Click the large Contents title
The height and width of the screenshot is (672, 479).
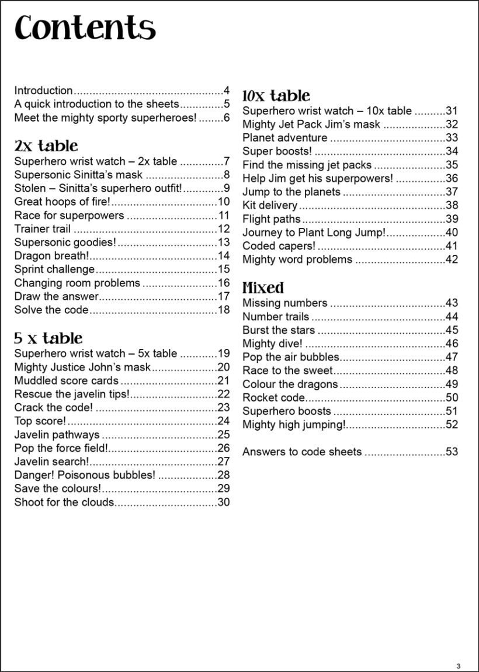click(85, 28)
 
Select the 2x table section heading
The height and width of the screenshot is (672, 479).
click(46, 146)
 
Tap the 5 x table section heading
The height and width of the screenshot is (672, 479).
click(48, 338)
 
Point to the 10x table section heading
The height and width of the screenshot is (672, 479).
click(276, 96)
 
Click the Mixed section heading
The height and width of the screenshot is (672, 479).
click(263, 287)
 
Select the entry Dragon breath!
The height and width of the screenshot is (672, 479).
click(52, 255)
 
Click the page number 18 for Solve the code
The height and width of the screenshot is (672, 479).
click(224, 310)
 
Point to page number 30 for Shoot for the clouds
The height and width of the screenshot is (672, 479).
click(224, 501)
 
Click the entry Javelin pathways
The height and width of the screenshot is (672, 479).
click(57, 434)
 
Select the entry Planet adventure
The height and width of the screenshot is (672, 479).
click(285, 137)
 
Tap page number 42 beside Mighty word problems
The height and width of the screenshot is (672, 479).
click(452, 259)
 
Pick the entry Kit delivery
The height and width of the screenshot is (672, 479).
click(270, 205)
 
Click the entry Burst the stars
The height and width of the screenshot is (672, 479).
click(279, 330)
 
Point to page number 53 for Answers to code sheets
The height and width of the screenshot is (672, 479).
click(452, 451)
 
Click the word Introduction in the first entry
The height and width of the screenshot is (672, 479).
click(43, 90)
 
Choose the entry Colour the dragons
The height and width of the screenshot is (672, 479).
click(290, 384)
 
